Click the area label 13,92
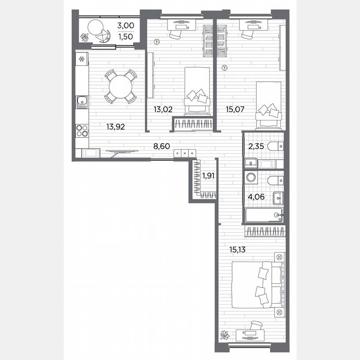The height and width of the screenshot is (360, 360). point(117,127)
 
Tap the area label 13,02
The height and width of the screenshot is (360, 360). point(163,110)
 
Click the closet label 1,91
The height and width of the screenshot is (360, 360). point(209,176)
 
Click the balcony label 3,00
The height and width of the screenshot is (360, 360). point(125,25)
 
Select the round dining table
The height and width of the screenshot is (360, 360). point(120,87)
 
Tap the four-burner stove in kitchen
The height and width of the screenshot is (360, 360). point(82,131)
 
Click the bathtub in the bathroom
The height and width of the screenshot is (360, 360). point(264,215)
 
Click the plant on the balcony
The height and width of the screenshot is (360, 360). point(85,38)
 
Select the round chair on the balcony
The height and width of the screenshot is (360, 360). point(96,28)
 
